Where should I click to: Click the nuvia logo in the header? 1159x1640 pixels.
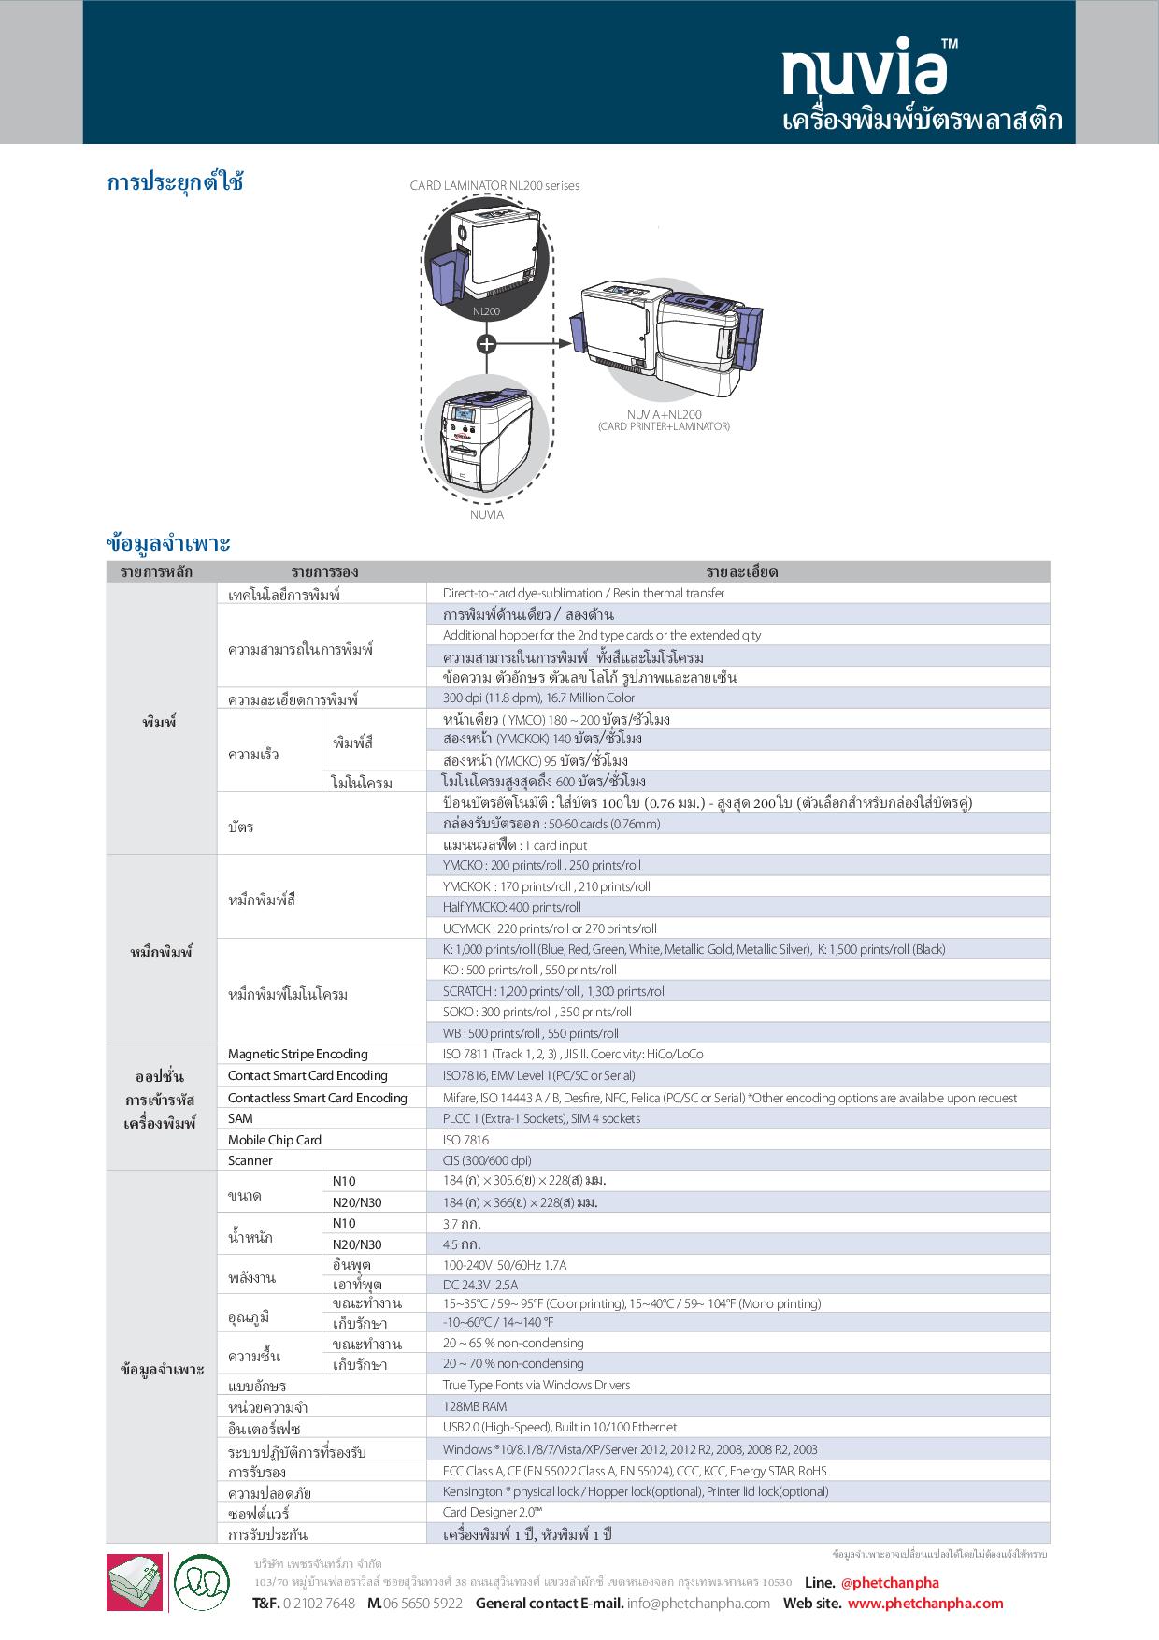860,69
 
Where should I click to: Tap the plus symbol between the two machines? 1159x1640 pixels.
486,343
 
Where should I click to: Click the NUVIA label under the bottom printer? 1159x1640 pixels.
486,514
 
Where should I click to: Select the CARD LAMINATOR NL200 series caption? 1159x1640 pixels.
494,185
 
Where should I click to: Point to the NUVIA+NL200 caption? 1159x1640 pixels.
664,414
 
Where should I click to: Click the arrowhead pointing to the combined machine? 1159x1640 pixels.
565,343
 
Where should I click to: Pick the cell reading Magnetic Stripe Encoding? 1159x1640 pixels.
298,1054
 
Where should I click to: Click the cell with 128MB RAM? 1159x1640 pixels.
474,1406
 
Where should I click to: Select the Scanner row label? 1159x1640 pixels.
250,1160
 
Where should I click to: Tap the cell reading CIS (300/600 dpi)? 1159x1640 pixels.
487,1160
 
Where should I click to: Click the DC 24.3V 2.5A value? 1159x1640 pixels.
479,1285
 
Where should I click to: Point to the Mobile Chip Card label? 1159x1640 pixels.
275,1140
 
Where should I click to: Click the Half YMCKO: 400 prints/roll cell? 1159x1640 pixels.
511,907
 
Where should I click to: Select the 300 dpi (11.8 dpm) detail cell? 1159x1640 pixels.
538,698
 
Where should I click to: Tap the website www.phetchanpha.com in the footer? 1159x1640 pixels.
925,1603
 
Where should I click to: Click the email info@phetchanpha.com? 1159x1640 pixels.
699,1603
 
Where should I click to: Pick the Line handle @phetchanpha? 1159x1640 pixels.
890,1582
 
